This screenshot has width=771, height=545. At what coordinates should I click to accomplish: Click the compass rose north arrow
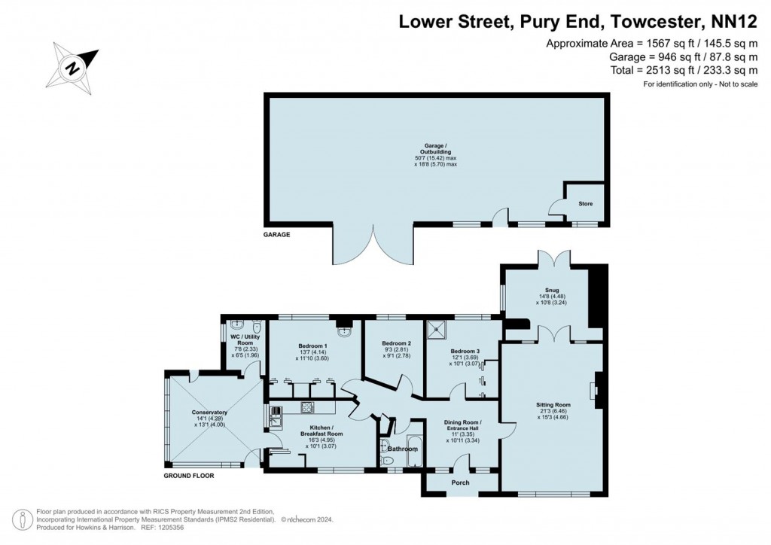coord(74,66)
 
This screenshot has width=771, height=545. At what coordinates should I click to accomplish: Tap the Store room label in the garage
coord(585,203)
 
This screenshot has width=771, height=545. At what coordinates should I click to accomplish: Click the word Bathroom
coord(403,449)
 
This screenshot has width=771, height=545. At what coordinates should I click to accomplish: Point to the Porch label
coord(460,483)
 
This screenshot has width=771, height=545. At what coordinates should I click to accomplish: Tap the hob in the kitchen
coord(308,408)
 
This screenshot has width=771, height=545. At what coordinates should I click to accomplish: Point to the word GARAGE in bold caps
coord(276,234)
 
